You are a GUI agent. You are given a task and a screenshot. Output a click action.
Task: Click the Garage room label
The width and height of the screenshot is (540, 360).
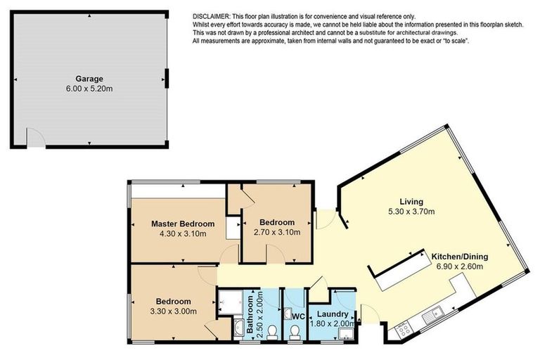89,79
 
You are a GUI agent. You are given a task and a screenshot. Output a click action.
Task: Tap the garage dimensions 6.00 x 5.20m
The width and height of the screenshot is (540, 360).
89,89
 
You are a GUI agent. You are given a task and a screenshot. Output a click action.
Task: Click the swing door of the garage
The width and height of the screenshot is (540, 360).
36,137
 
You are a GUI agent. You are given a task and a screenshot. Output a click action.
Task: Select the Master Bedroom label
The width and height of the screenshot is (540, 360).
183,224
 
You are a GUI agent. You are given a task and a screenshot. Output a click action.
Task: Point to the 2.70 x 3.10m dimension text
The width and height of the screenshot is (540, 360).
277,232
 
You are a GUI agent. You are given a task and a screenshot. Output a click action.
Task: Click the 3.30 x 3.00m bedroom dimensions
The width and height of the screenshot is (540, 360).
173,311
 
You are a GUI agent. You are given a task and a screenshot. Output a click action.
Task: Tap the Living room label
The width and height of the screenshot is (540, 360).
411,202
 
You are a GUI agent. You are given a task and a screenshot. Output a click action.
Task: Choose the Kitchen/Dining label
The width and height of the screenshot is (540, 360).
460,257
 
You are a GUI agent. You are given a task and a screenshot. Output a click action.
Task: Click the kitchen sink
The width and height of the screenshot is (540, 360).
433,316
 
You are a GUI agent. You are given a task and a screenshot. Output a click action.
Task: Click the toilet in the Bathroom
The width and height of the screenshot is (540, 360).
272,332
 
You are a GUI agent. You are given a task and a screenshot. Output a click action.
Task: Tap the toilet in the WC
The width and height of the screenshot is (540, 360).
295,333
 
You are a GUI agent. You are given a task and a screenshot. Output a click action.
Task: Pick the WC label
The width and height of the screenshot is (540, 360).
299,316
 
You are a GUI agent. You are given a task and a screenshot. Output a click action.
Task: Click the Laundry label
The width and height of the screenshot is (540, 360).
333,314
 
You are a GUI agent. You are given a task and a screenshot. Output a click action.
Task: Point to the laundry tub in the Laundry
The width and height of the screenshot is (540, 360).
345,334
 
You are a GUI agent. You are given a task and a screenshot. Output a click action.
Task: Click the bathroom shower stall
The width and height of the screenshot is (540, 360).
231,302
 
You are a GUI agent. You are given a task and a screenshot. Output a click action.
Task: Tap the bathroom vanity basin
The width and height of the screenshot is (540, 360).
238,328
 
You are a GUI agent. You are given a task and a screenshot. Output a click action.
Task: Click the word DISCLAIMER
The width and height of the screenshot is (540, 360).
211,16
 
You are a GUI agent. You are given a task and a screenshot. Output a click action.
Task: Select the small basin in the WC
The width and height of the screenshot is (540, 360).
288,314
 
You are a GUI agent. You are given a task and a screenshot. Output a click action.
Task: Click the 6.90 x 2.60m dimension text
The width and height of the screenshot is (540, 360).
460,266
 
